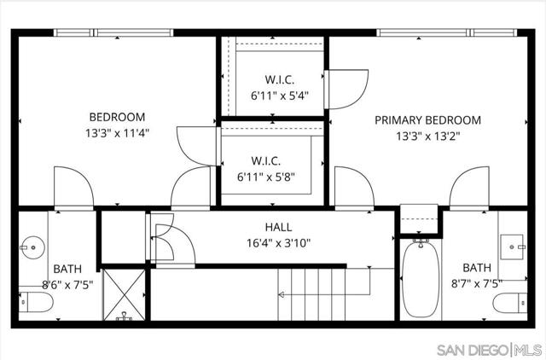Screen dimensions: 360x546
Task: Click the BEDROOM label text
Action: click(117, 117)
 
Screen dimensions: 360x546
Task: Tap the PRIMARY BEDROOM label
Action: click(427, 120)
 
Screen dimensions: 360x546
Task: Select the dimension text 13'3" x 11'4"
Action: click(117, 133)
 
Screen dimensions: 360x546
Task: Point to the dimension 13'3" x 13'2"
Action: click(427, 136)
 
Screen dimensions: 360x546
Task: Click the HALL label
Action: click(278, 227)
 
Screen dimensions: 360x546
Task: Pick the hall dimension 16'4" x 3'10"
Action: click(278, 242)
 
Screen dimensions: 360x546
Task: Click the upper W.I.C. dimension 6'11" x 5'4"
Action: click(273, 96)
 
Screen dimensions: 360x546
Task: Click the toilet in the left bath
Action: click(30, 302)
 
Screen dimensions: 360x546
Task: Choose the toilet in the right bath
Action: click(508, 302)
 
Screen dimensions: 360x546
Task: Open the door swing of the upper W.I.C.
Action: click(345, 89)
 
